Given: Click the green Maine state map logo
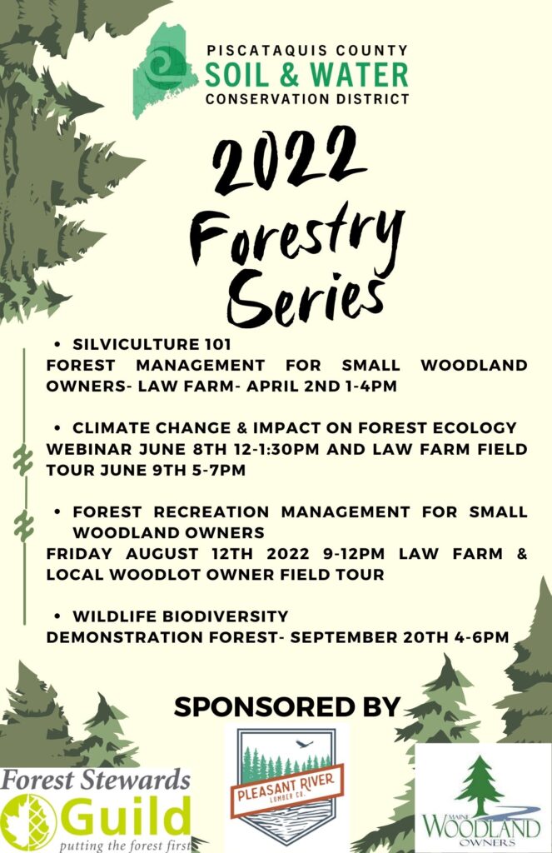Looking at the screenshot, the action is (163, 71).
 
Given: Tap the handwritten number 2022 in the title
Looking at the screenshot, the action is (288, 157).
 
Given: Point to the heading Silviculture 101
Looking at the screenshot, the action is (152, 344).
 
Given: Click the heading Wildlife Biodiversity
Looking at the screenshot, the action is (181, 616).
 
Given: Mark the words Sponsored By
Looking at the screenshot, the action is (287, 706).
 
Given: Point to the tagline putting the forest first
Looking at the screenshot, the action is (125, 846).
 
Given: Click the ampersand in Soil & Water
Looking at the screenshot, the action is (291, 76).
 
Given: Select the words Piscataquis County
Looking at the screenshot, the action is (307, 51).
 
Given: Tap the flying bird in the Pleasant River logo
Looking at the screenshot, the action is (305, 743).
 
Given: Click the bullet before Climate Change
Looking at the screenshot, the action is (57, 428).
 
